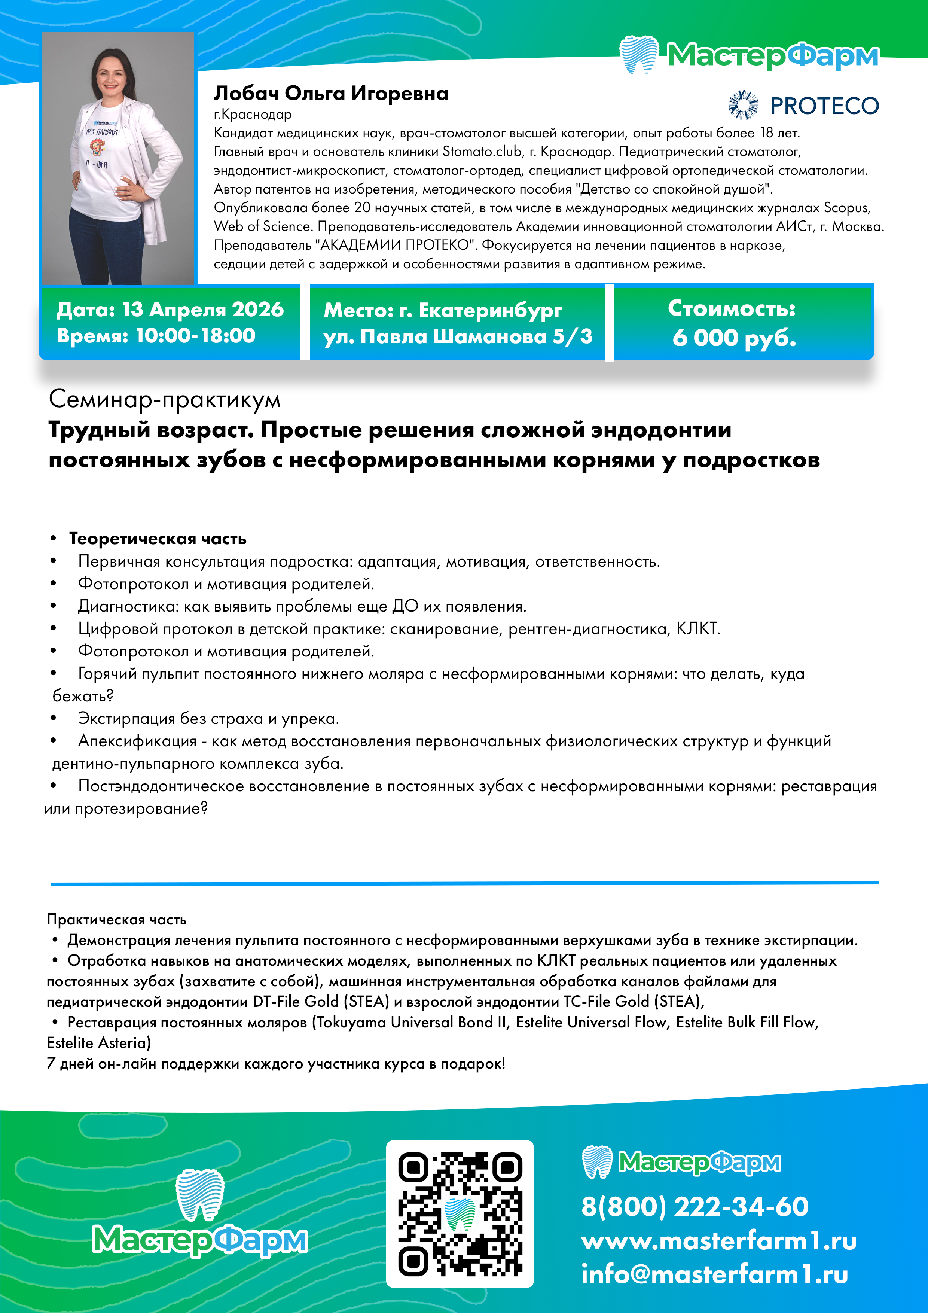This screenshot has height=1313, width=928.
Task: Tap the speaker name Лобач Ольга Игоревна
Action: (331, 93)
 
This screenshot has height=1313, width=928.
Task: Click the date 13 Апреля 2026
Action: (203, 310)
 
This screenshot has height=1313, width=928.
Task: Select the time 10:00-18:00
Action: (196, 336)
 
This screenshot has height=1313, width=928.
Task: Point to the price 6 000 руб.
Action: (734, 337)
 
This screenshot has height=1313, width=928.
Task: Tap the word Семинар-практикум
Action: (165, 399)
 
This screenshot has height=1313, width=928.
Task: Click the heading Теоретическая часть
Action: (158, 539)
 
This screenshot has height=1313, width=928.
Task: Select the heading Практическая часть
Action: (117, 920)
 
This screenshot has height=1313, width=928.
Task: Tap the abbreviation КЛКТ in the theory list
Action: (697, 628)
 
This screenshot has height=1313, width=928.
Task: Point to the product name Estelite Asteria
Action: (99, 1042)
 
